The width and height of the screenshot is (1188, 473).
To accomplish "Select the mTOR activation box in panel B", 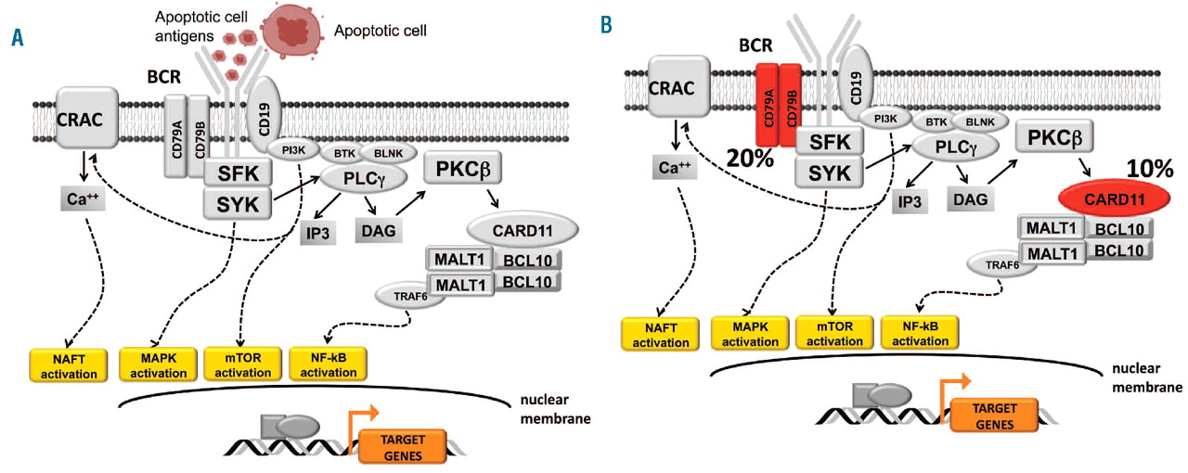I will coord(831,332).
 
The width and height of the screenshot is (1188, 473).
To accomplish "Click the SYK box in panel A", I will coord(237,201).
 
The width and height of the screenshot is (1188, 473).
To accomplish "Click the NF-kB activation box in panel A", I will coord(328,365).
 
